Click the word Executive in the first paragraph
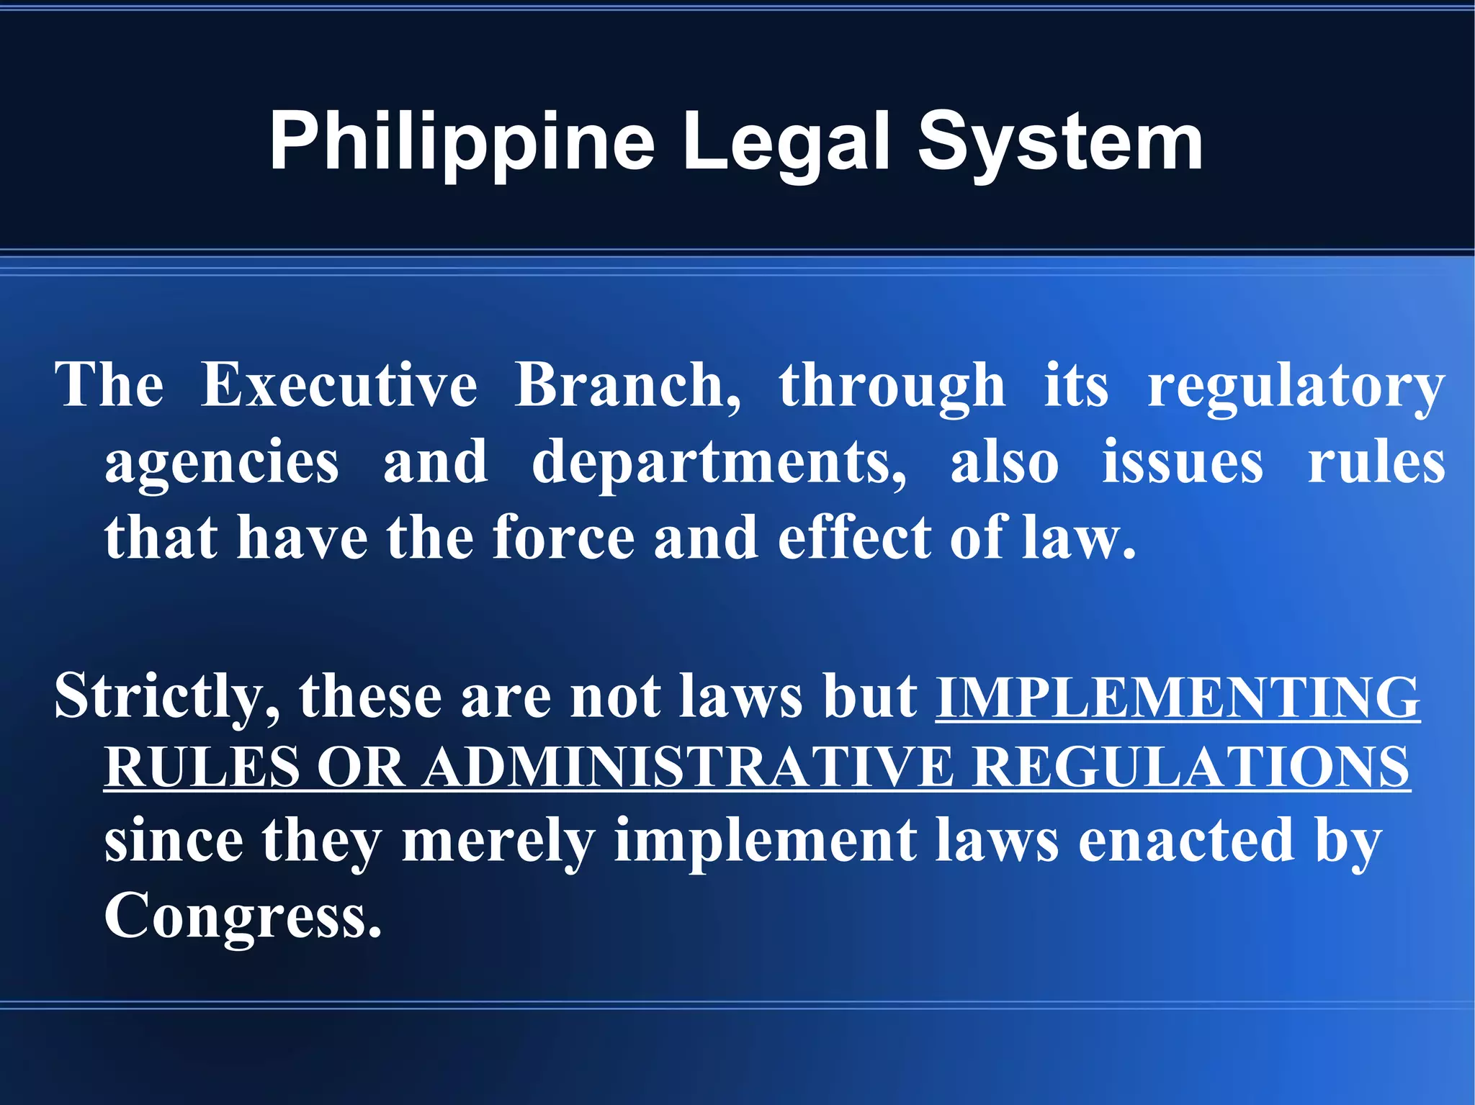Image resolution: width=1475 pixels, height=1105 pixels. pyautogui.click(x=339, y=385)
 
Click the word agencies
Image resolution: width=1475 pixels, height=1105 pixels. pyautogui.click(x=222, y=463)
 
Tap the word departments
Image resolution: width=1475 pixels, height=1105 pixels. pyautogui.click(x=719, y=463)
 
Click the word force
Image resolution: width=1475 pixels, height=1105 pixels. pyautogui.click(x=564, y=538)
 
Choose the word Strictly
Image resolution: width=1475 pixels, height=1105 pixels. pyautogui.click(x=166, y=697)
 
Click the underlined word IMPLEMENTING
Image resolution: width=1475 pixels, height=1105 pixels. pyautogui.click(x=1178, y=697)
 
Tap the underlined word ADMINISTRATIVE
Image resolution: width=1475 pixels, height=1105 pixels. pyautogui.click(x=688, y=767)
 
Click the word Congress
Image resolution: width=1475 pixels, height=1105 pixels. pyautogui.click(x=243, y=916)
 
